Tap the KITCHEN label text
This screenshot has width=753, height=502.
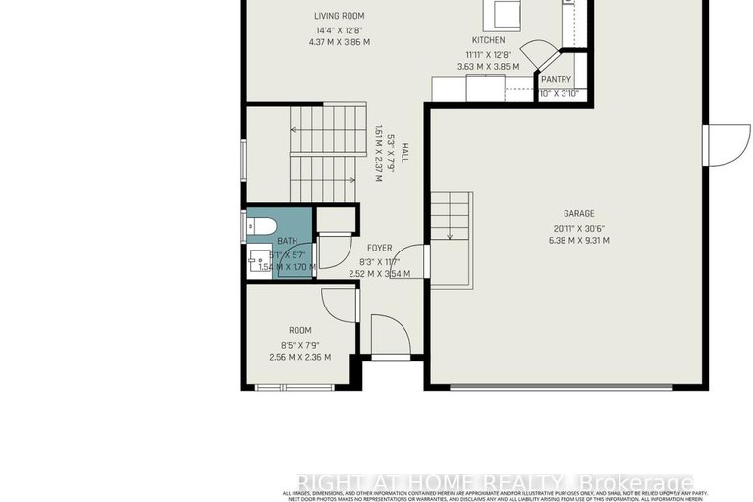tap(488, 40)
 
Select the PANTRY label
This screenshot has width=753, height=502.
tap(556, 80)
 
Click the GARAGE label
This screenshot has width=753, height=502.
tap(578, 213)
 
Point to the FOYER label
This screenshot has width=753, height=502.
tap(379, 248)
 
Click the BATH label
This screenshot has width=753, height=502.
tap(287, 241)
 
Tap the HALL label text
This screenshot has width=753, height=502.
tap(403, 153)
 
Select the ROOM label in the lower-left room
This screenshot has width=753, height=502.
tap(299, 330)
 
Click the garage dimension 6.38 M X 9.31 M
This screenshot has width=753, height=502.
tap(578, 240)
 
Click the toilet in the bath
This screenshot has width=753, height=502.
tap(260, 226)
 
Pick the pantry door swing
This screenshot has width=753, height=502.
tap(537, 54)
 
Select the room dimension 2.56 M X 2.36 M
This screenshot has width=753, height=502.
tap(299, 357)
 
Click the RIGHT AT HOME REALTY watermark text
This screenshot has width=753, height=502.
tap(495, 482)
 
